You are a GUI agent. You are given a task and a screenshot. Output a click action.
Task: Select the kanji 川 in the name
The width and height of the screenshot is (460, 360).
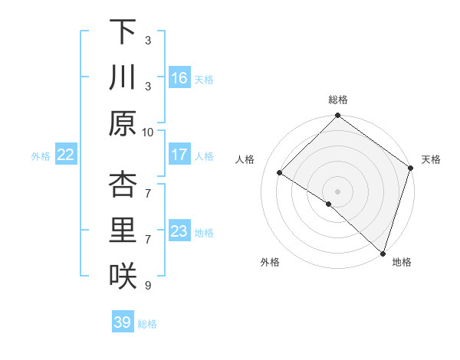pos(123,77)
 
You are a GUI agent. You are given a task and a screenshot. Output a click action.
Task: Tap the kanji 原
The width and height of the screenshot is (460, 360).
pos(123,123)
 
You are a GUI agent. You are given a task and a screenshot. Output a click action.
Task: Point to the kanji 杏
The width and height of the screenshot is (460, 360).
pos(123,184)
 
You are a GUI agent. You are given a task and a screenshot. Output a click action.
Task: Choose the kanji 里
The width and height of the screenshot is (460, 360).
pos(123,231)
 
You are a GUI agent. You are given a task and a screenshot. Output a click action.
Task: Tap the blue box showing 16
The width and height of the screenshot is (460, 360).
pos(179,78)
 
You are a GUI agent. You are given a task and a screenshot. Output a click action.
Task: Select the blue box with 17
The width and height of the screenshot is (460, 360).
pos(179,155)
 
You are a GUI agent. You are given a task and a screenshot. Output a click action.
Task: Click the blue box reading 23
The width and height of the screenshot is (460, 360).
pos(179,231)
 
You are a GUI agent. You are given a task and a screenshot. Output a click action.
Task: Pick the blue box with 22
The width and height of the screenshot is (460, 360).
pos(66,155)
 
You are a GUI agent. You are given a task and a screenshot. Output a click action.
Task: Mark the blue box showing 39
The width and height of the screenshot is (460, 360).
pos(123,322)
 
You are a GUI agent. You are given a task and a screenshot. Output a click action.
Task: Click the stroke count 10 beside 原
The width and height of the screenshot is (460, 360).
pos(148,131)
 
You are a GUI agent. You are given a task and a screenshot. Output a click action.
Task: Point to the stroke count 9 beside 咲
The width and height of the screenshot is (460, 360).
pos(148,286)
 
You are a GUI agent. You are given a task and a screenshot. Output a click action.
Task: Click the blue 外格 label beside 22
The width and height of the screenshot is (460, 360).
pos(41,155)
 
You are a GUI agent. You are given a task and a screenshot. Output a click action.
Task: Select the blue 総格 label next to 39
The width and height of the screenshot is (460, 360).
pos(148,324)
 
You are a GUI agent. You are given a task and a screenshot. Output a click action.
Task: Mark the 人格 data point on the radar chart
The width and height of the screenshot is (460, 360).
pos(280,173)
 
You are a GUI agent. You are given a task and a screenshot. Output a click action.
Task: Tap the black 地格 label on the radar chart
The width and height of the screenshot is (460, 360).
pos(402,262)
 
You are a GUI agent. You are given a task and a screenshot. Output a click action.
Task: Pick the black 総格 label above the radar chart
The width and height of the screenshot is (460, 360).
pos(338,100)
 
